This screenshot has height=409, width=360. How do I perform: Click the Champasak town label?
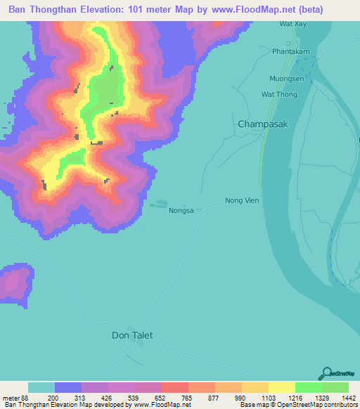(x=264, y=124)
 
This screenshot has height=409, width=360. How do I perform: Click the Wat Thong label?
(x=278, y=94)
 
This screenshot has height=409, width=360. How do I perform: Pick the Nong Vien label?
(x=242, y=200)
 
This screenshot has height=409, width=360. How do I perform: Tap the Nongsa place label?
(x=181, y=209)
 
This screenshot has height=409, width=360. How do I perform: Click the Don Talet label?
(x=132, y=335)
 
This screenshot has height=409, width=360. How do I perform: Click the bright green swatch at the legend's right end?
(x=335, y=387)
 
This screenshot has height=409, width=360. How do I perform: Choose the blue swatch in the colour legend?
(x=67, y=387)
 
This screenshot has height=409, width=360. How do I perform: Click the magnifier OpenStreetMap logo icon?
(x=326, y=373)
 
